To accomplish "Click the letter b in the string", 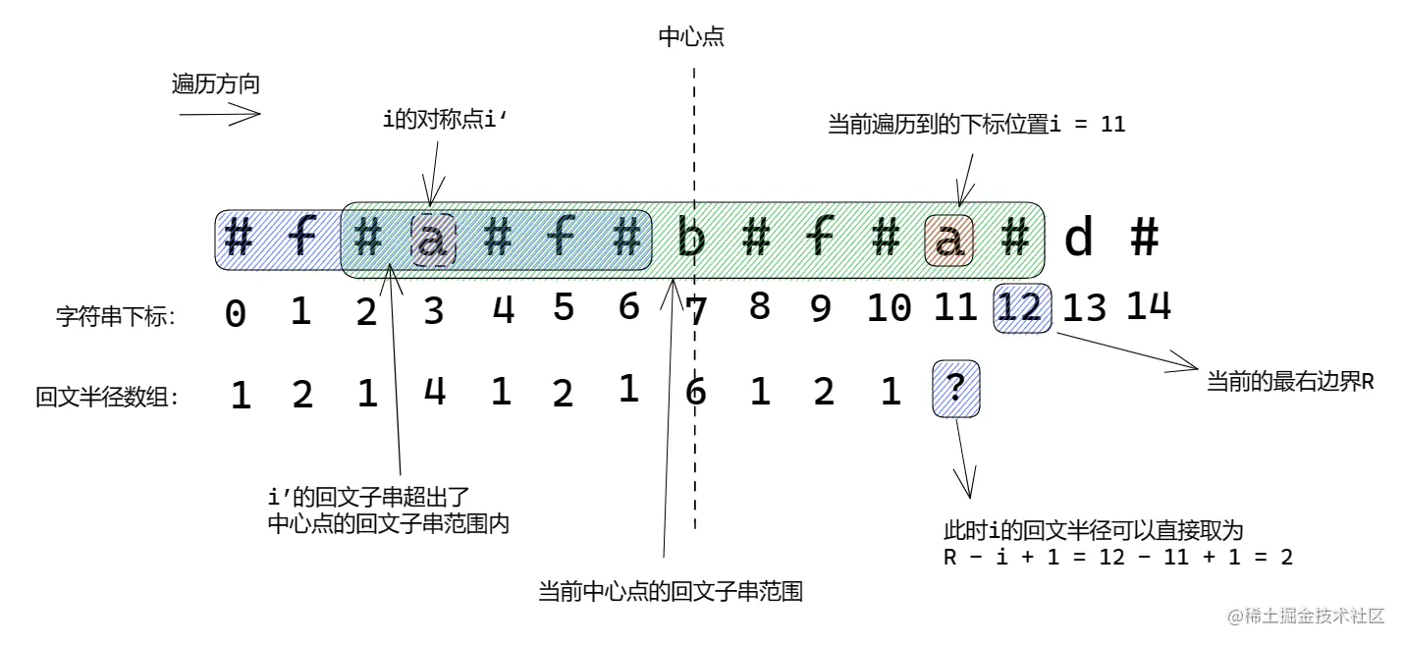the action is tap(692, 240).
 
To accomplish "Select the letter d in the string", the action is tap(1079, 240).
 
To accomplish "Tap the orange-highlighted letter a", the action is tap(949, 240).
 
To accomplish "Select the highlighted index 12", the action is tap(1022, 308).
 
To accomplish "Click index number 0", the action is tap(236, 313).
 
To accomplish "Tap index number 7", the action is tap(696, 312).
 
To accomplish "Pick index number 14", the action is tap(1148, 306).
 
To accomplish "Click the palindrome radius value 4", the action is tap(434, 392).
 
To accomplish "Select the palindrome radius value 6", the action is tap(695, 393).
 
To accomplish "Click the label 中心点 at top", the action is tap(691, 38).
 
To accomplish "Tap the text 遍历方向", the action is tap(216, 84).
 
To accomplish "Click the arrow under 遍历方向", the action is tap(219, 115).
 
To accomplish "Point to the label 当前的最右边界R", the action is tap(1289, 381).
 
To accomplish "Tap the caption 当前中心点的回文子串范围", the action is tap(671, 592).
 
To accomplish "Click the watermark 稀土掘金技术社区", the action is tap(1306, 617).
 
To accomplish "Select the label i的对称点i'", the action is tap(447, 122).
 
